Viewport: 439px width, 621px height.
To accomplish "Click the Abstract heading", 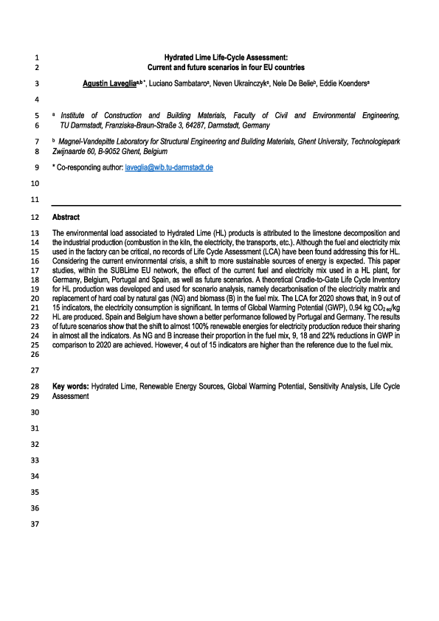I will coord(66,218).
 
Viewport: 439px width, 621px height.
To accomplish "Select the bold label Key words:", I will coord(69,386).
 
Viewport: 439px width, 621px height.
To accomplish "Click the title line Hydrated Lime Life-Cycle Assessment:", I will coord(226,57).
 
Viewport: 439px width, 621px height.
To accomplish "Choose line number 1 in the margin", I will coord(37,57).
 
